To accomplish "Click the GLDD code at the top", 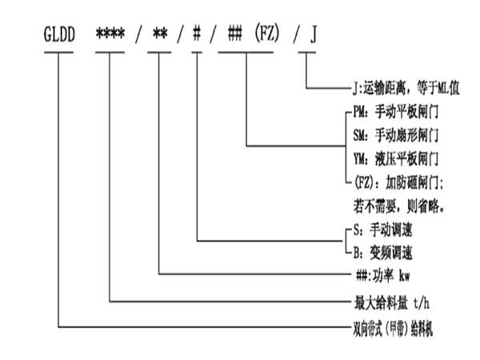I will (62, 36).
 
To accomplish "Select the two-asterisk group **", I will (161, 36).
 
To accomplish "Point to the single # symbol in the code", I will (198, 36).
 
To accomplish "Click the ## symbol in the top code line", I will (234, 36).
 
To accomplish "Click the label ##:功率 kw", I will (383, 276).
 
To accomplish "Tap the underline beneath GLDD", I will (62, 53).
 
